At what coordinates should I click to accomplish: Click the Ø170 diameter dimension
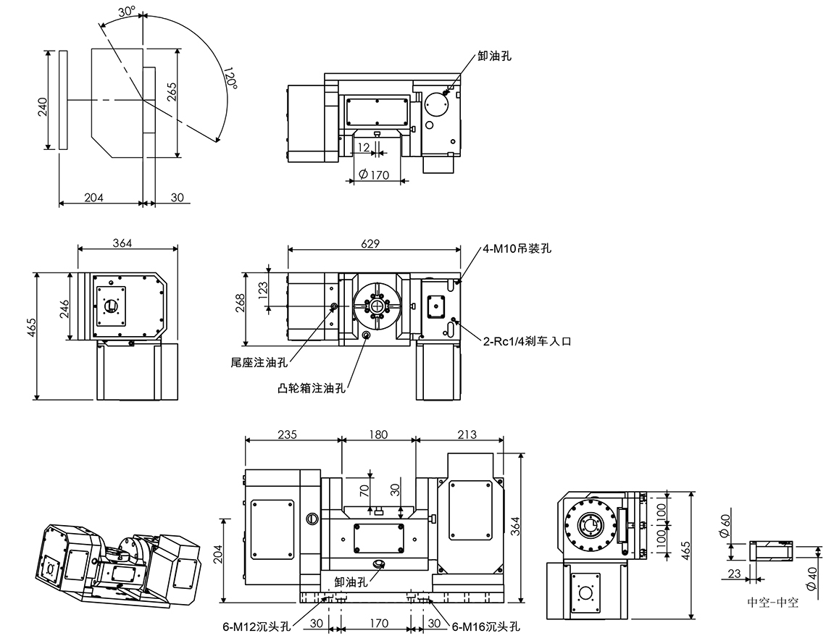point(374,175)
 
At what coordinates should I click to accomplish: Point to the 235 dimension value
point(288,435)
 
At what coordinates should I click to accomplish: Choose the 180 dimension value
point(378,435)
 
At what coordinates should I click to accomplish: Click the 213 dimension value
point(467,435)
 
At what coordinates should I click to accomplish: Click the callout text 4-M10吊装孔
point(517,248)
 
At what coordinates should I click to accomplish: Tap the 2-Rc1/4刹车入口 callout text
point(527,341)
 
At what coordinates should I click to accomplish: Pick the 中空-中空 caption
point(772,603)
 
